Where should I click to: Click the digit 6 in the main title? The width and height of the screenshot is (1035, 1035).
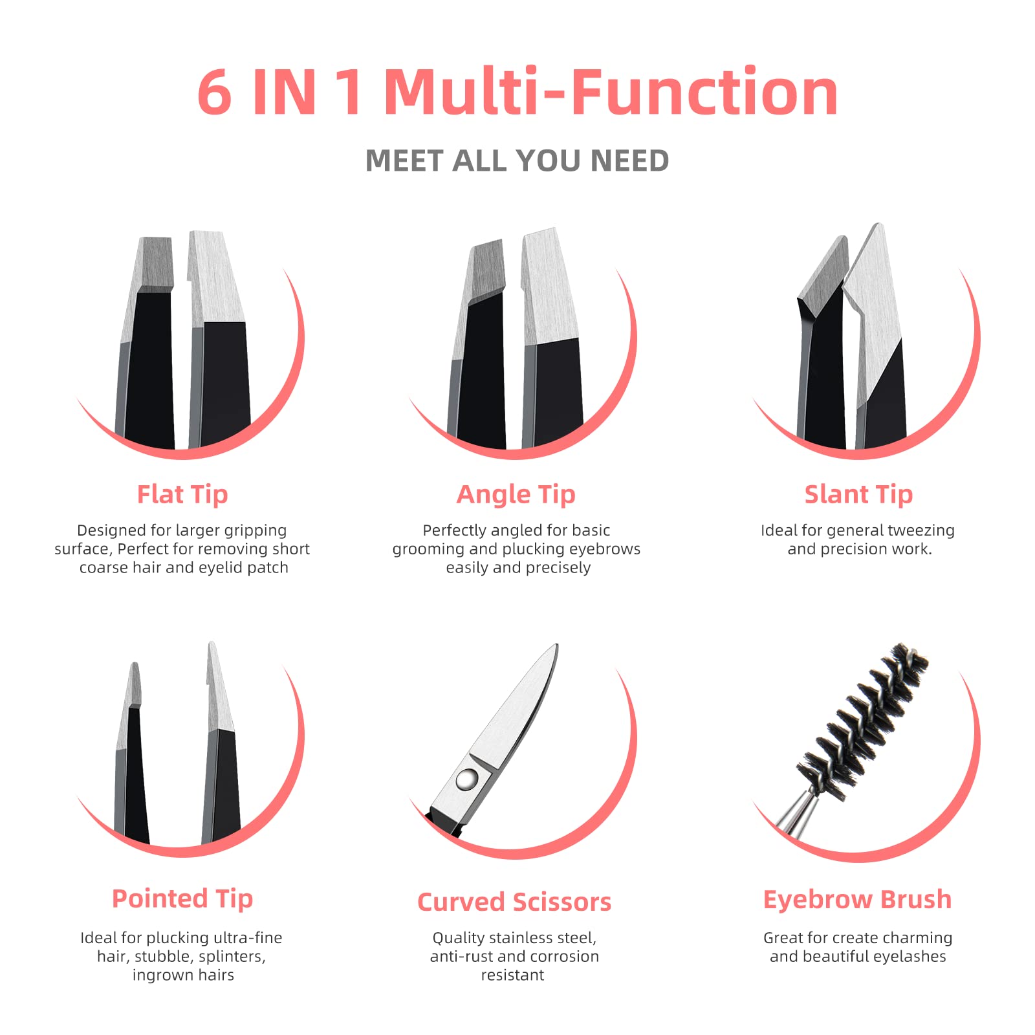pyautogui.click(x=214, y=93)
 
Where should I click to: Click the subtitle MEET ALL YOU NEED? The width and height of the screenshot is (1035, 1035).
pyautogui.click(x=517, y=160)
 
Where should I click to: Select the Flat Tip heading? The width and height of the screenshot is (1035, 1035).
pyautogui.click(x=182, y=494)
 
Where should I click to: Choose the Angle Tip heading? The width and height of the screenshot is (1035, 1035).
pyautogui.click(x=516, y=494)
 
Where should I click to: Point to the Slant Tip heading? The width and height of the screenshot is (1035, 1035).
pyautogui.click(x=858, y=494)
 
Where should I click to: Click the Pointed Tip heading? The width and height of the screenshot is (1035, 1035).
pyautogui.click(x=182, y=899)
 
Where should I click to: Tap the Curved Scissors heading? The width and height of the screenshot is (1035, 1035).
pyautogui.click(x=514, y=902)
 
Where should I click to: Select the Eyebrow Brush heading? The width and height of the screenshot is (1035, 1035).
pyautogui.click(x=857, y=899)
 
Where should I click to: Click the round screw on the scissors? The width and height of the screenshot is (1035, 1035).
pyautogui.click(x=466, y=779)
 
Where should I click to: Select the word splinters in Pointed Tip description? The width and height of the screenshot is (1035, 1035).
pyautogui.click(x=231, y=957)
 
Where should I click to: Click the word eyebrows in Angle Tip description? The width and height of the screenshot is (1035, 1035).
pyautogui.click(x=605, y=549)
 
